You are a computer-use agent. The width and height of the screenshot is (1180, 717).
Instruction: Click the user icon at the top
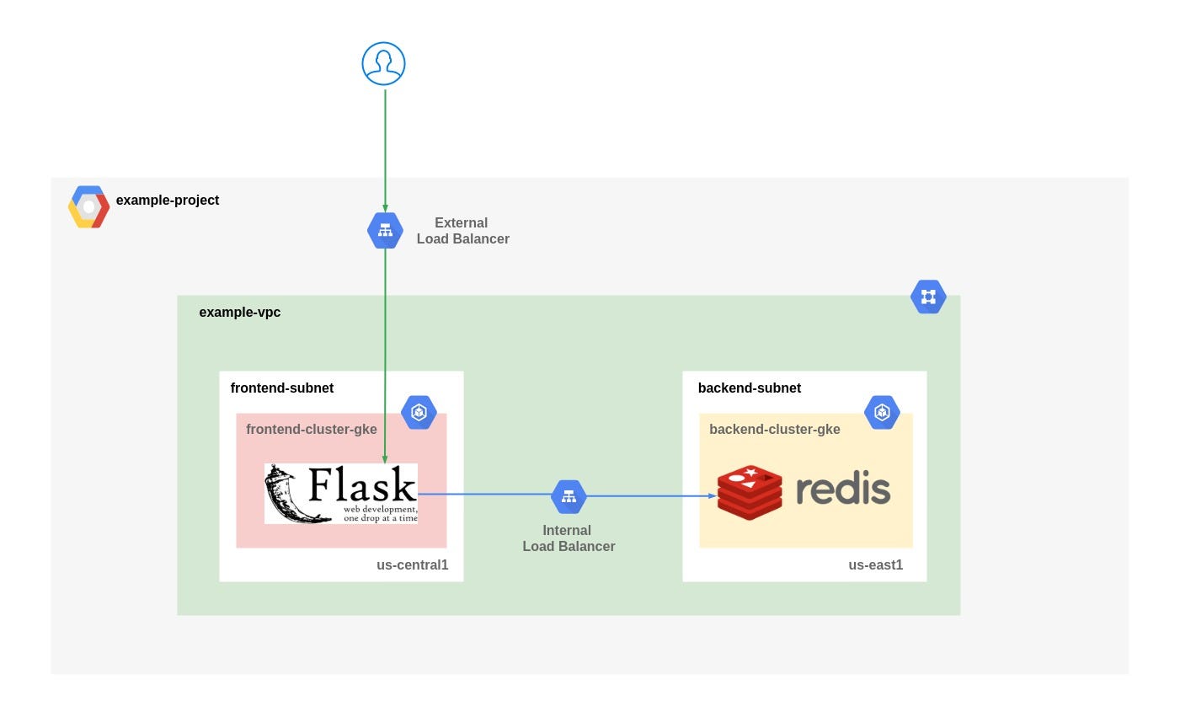click(x=383, y=64)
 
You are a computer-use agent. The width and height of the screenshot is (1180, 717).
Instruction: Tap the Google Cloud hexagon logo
click(x=88, y=207)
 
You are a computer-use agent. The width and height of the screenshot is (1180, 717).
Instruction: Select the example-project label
click(x=168, y=201)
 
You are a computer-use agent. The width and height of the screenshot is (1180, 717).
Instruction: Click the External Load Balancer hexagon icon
click(x=385, y=230)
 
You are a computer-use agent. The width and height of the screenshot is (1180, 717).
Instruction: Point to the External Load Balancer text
click(x=462, y=231)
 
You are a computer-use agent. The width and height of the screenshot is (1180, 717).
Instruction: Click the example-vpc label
click(x=239, y=313)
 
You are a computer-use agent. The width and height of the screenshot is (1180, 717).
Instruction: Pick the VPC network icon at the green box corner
click(x=928, y=297)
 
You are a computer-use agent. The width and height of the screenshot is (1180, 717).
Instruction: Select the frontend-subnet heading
click(x=281, y=388)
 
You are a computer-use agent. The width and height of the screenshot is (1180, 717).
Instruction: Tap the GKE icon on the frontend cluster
click(x=419, y=413)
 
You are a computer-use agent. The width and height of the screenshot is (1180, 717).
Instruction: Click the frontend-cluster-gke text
click(x=311, y=430)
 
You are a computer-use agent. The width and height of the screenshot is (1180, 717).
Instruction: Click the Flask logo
click(x=340, y=494)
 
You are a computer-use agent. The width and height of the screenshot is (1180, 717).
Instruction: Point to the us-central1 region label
click(x=412, y=565)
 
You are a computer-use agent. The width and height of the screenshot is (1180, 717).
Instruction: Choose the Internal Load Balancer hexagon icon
click(x=569, y=497)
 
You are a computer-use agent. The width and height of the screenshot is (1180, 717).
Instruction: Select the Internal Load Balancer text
click(x=569, y=538)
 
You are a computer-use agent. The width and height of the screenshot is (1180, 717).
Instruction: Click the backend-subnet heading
click(x=749, y=388)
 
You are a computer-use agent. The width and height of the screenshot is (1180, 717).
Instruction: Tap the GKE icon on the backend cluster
click(x=882, y=413)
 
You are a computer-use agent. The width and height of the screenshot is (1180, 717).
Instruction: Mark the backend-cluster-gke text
click(x=774, y=430)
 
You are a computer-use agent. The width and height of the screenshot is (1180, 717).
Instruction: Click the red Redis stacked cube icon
click(x=750, y=492)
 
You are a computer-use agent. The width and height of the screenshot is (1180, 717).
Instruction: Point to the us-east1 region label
click(x=875, y=565)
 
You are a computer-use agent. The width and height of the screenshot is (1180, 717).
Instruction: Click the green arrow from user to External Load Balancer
click(x=385, y=147)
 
